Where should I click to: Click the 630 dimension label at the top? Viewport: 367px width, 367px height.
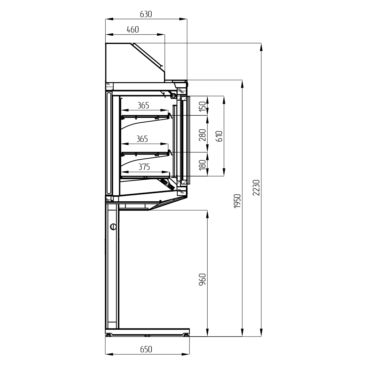point(146,14)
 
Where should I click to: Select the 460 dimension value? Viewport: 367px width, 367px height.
point(133,29)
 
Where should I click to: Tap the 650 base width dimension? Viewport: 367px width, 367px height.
point(146,349)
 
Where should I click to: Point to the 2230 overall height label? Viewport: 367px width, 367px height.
point(256,187)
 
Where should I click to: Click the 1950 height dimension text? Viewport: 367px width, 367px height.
point(237,201)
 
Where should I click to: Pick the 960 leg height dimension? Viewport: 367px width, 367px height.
point(202,279)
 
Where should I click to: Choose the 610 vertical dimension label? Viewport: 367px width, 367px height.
point(219,136)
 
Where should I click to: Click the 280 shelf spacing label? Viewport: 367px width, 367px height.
point(202,135)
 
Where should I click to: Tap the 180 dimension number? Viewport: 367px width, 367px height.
point(202,165)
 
